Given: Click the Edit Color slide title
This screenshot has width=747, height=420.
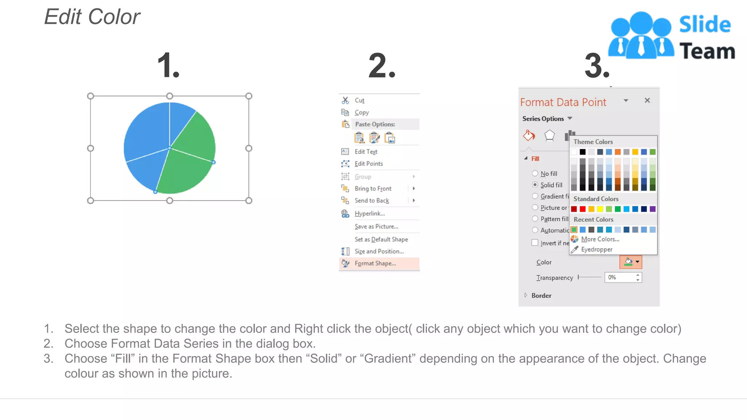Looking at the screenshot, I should (x=92, y=17).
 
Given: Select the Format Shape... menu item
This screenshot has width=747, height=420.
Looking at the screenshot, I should (x=375, y=263).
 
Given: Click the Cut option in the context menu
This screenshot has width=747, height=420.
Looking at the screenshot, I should (x=359, y=100).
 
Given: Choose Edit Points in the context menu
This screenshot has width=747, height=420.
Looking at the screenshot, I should (x=368, y=164).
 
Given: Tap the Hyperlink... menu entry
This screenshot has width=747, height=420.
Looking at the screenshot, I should (x=369, y=214).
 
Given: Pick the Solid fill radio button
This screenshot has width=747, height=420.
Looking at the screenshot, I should (x=535, y=185).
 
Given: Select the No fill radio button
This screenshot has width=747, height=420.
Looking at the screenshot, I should (x=535, y=174).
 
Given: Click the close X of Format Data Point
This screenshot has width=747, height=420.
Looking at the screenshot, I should (x=647, y=100).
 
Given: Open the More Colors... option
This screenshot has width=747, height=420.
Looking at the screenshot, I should (x=600, y=239).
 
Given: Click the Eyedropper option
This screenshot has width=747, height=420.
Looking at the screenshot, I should (x=596, y=249).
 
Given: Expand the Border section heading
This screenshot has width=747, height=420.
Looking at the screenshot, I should (x=541, y=296).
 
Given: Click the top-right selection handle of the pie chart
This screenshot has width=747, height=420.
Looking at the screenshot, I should (x=249, y=96).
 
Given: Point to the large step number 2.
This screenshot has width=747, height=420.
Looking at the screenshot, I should (x=382, y=66).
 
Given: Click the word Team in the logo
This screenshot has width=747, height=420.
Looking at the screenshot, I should (x=707, y=51).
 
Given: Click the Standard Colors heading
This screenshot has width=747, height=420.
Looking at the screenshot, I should (x=596, y=199).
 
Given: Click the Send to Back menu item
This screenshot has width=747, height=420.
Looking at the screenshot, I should (x=372, y=201).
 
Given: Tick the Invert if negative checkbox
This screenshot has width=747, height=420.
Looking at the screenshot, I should (x=535, y=243).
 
